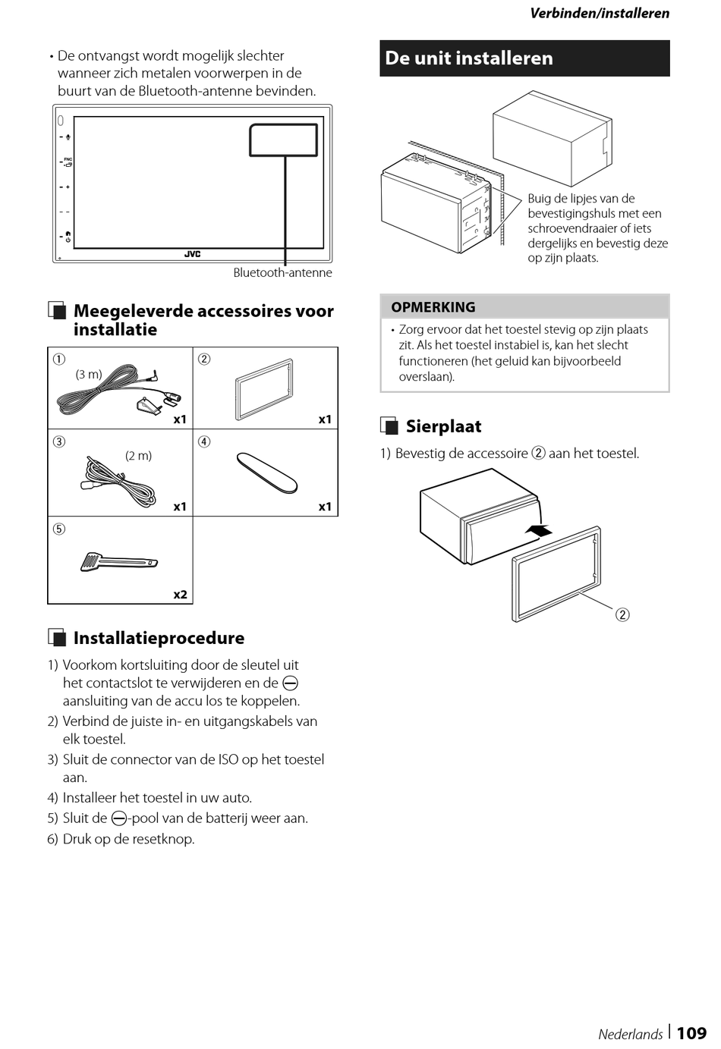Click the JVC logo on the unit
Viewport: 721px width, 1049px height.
tap(192, 255)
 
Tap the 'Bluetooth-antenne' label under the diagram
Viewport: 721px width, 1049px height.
tap(282, 273)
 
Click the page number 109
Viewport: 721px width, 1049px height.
tap(691, 1033)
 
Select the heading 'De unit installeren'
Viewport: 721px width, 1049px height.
tap(469, 58)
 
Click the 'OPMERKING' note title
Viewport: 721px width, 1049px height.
tap(433, 307)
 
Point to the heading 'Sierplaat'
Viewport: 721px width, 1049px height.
tap(443, 426)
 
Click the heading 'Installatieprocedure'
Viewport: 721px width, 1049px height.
tap(159, 638)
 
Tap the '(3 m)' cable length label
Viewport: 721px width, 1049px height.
tap(89, 374)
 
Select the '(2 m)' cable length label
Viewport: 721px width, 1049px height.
tap(138, 456)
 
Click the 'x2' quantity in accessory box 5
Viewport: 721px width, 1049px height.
tap(180, 595)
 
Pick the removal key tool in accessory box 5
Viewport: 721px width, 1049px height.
tap(118, 562)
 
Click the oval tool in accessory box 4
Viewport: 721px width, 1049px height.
tap(266, 473)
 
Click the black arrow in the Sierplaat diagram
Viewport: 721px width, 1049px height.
tap(539, 532)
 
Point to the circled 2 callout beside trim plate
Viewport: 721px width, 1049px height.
tap(622, 614)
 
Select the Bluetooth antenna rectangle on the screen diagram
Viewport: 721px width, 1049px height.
tap(283, 140)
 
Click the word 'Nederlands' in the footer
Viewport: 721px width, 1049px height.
tap(630, 1034)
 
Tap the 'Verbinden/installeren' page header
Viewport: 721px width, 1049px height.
tap(600, 13)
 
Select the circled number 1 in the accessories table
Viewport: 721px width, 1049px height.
tap(58, 359)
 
